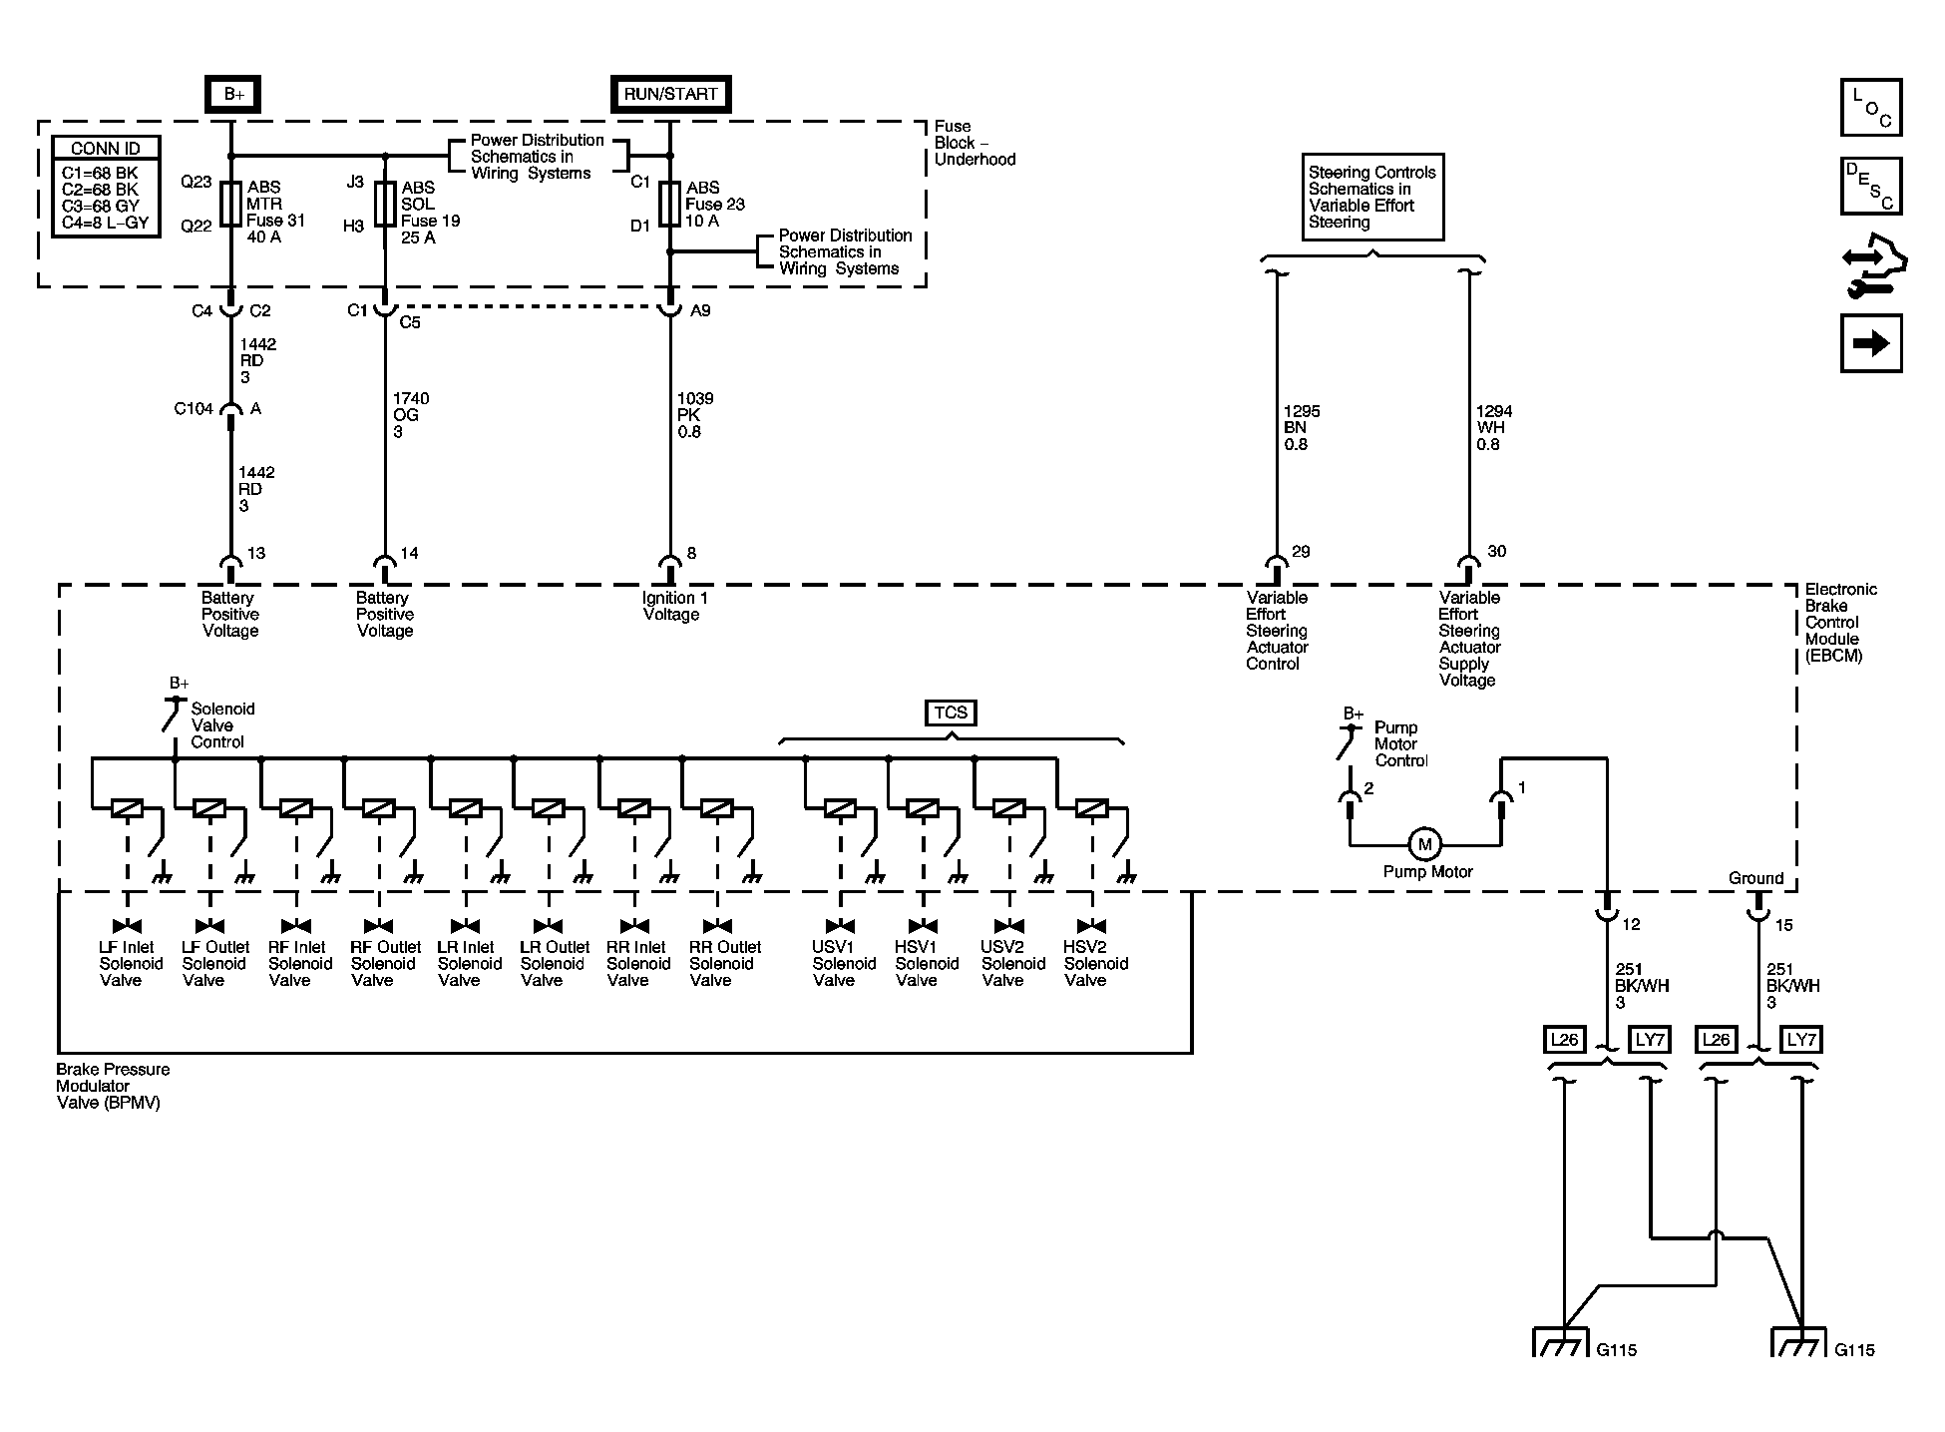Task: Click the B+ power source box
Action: pos(233,94)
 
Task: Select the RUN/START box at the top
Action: pos(670,94)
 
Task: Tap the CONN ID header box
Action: pos(106,148)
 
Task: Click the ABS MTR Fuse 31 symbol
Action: pos(230,205)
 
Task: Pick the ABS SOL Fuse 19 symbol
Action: pos(385,205)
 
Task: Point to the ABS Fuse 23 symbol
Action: pos(669,205)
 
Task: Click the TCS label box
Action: pos(951,713)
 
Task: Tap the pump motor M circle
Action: pos(1424,844)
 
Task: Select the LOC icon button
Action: pos(1871,107)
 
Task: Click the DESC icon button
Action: pos(1871,187)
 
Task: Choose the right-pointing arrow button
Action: pos(1871,343)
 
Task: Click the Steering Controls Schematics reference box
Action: pos(1372,198)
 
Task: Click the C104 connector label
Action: pos(194,409)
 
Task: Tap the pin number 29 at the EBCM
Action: pos(1301,552)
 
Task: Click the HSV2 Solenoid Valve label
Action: pos(1096,964)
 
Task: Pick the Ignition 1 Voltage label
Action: pos(673,606)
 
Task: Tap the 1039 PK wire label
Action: pos(695,415)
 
